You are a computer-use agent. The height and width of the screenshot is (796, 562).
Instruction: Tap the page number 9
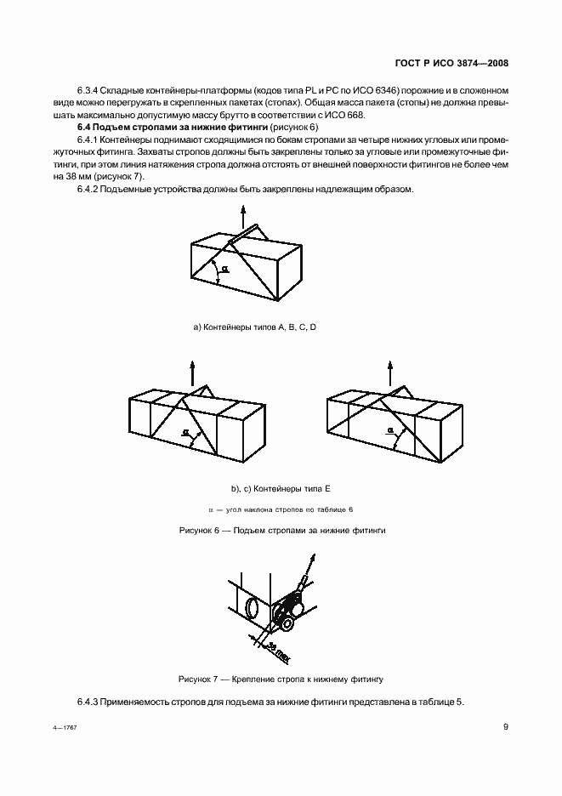pos(505,726)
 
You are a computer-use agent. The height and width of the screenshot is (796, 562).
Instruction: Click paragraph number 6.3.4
pos(89,89)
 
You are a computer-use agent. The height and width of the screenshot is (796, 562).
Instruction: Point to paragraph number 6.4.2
pos(89,189)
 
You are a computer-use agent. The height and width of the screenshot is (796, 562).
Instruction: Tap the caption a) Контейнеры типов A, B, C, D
pos(255,327)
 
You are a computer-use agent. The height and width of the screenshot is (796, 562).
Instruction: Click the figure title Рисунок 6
pos(280,529)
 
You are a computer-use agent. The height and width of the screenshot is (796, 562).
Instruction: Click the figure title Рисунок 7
pos(280,679)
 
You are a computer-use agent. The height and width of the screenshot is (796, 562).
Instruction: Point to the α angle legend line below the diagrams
pos(280,509)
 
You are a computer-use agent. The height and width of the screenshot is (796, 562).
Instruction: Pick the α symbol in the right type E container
pos(389,431)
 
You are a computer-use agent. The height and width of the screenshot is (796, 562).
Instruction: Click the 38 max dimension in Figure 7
pos(274,648)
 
